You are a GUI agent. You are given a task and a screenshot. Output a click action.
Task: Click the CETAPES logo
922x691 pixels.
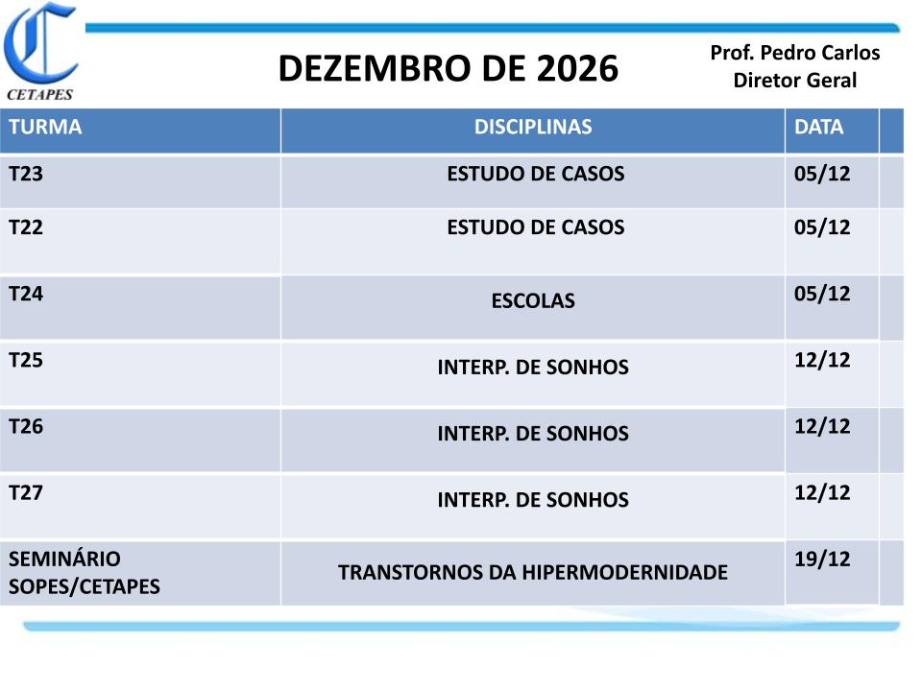(x=40, y=52)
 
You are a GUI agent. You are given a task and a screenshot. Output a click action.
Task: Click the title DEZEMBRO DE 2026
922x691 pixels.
(x=449, y=68)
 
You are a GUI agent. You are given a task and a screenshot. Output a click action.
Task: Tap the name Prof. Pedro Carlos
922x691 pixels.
(x=795, y=53)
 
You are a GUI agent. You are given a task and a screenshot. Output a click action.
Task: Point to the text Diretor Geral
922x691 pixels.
(x=795, y=80)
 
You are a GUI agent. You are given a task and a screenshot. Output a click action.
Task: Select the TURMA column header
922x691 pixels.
(x=45, y=127)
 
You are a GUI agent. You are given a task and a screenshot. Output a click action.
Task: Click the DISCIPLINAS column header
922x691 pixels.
(x=533, y=127)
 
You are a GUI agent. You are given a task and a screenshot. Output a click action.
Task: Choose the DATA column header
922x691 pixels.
(x=818, y=127)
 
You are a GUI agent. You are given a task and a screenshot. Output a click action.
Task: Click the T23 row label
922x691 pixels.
(x=26, y=174)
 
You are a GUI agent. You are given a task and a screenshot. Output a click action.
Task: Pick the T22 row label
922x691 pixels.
(x=26, y=227)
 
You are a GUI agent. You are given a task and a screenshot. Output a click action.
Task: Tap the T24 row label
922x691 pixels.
(x=26, y=294)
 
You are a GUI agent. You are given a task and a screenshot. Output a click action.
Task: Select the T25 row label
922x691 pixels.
(x=26, y=360)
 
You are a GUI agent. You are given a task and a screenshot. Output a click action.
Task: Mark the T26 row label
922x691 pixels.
(x=26, y=426)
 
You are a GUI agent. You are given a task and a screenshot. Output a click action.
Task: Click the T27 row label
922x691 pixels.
(x=26, y=493)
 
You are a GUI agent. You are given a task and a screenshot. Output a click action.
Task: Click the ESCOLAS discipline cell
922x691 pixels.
(x=533, y=300)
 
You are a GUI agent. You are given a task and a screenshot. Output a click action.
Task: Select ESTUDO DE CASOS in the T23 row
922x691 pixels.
(x=535, y=174)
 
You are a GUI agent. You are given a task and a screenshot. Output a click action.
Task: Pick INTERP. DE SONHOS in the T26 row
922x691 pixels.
(x=533, y=434)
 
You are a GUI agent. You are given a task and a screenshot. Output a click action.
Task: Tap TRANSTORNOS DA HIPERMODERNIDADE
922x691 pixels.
(x=533, y=572)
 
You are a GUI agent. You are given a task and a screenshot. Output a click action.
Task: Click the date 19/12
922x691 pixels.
(x=822, y=560)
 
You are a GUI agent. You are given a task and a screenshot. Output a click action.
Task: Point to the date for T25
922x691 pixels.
(x=822, y=360)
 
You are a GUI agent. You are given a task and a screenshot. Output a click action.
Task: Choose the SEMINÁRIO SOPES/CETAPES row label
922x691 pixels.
(x=85, y=573)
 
